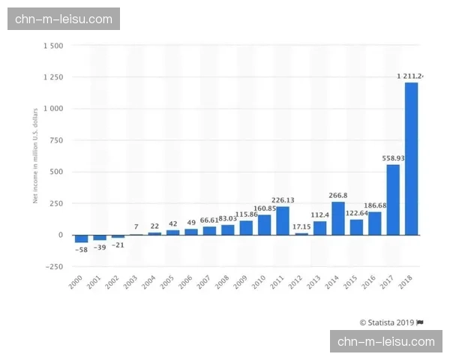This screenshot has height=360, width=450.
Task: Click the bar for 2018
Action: (411, 158)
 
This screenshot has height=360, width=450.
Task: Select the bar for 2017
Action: (393, 199)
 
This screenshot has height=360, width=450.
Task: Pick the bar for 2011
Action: (283, 220)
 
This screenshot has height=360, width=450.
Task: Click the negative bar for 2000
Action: (81, 238)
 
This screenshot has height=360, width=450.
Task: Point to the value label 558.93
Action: (393, 158)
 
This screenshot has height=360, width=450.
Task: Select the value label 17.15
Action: (301, 226)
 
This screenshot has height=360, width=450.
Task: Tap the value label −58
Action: (81, 249)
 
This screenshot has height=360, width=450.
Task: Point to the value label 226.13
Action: (283, 200)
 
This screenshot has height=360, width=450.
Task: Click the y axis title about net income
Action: (35, 156)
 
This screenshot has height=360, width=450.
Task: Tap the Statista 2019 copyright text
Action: (387, 322)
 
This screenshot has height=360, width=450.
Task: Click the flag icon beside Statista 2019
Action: (420, 322)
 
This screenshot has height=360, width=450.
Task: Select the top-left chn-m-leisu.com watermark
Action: (63, 19)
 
